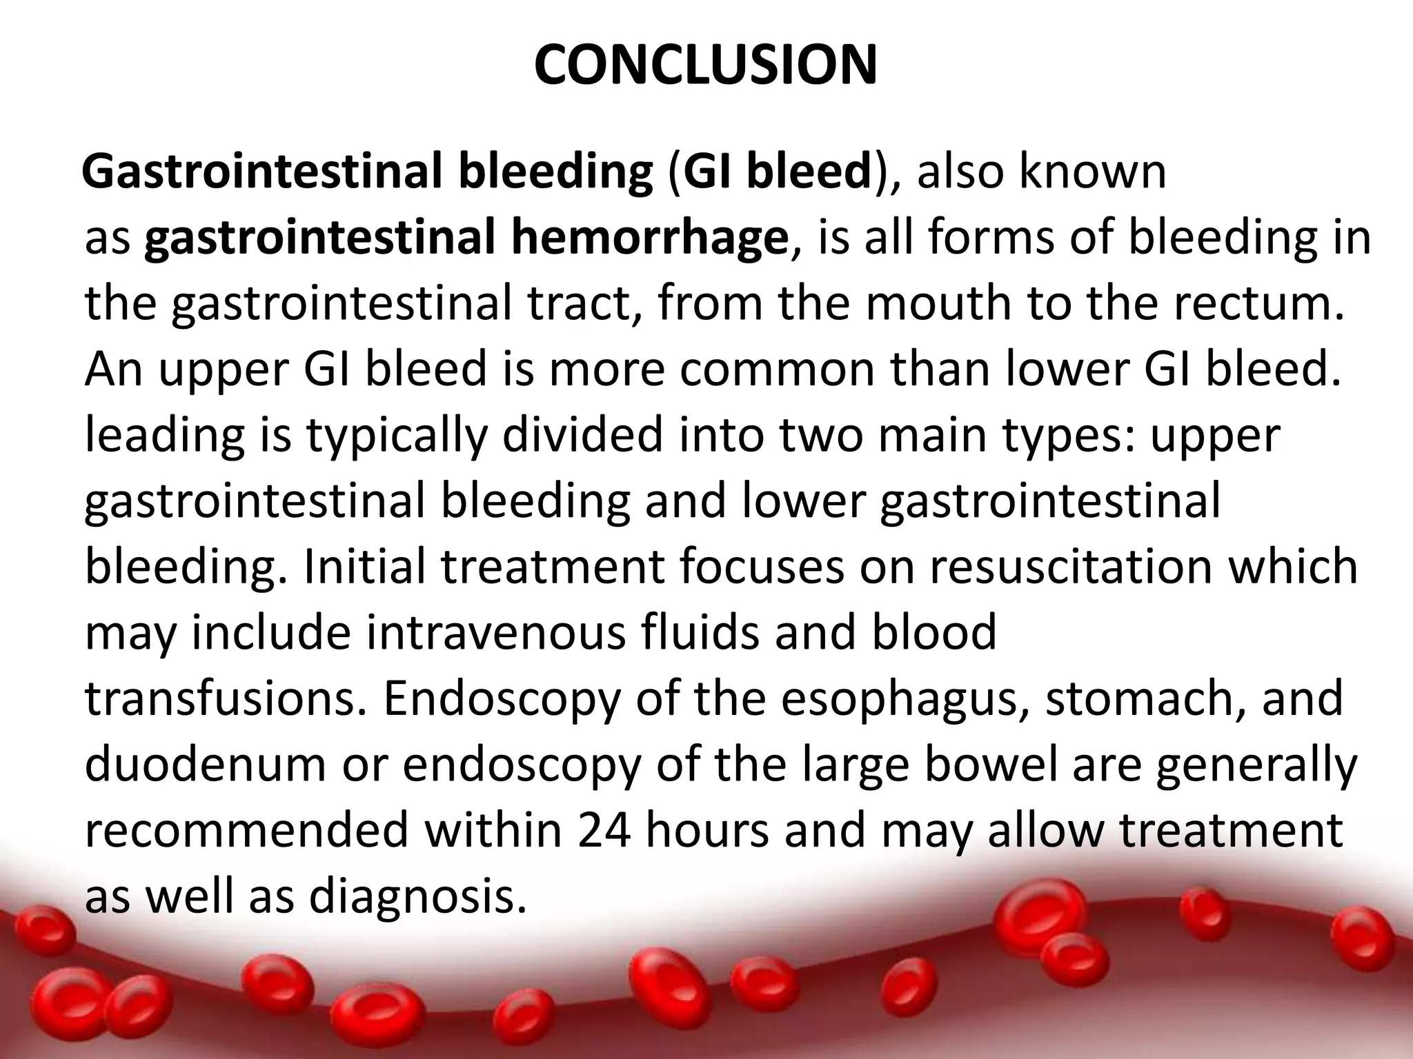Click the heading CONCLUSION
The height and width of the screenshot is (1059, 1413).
pyautogui.click(x=705, y=65)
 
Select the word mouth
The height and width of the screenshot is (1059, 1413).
pyautogui.click(x=941, y=303)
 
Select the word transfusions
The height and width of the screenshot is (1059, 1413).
pyautogui.click(x=227, y=698)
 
